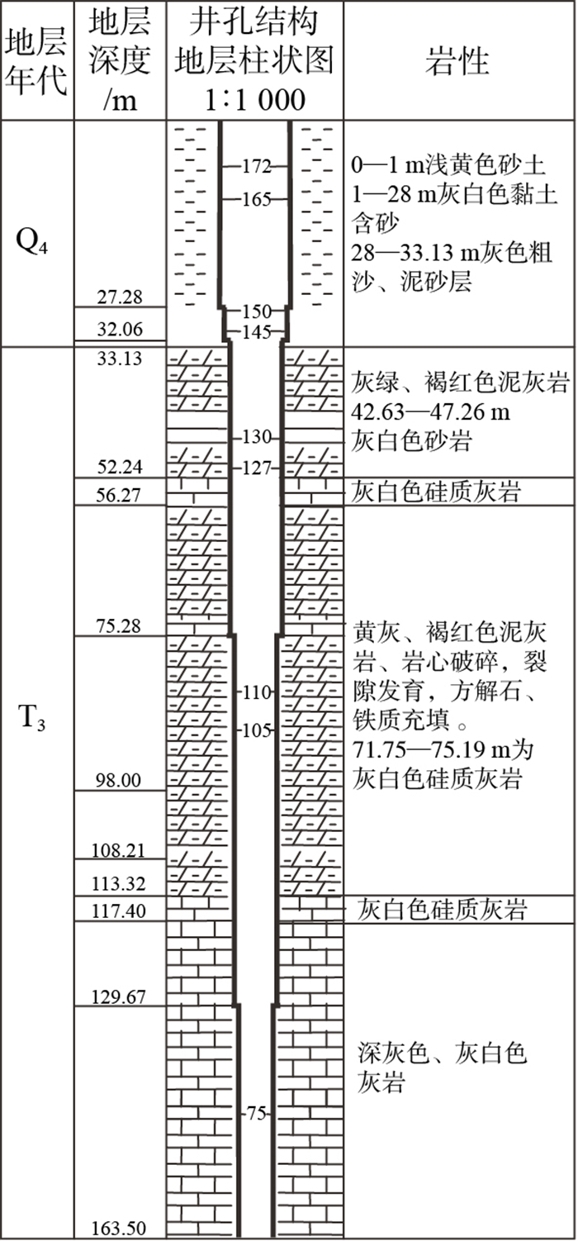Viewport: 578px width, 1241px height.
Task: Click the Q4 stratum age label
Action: tap(35, 245)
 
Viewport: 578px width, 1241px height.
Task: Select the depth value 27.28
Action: tap(120, 297)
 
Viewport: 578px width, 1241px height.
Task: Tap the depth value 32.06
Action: tap(120, 330)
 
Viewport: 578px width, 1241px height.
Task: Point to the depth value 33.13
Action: tap(120, 359)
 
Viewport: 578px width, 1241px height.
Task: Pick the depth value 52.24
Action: tap(120, 468)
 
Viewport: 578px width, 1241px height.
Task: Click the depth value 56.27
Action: tap(120, 495)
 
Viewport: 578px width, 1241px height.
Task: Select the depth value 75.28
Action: tap(120, 625)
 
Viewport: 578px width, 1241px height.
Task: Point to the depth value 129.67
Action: tap(120, 997)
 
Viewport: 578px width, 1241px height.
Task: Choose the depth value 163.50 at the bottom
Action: tap(120, 1228)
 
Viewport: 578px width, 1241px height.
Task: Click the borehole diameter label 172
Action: tap(257, 167)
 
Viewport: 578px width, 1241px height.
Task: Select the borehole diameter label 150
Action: tap(257, 311)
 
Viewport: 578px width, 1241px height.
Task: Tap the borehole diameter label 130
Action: tap(257, 438)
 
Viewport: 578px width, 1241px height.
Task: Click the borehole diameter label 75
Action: tap(257, 1114)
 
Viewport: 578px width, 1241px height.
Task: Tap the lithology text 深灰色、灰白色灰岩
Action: tap(443, 1067)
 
